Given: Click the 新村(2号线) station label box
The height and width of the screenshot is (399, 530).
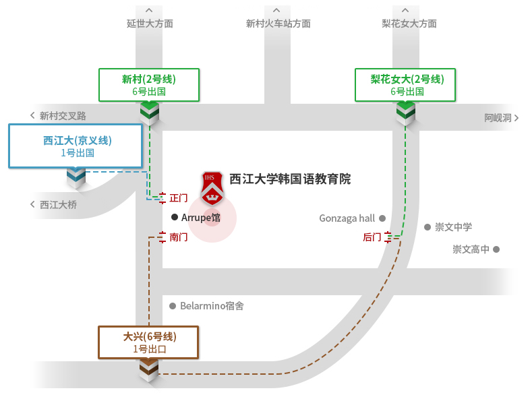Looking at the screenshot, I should tap(149, 85).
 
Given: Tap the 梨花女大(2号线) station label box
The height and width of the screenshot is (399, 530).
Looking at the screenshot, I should tap(407, 85).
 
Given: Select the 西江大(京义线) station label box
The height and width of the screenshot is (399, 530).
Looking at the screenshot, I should tap(77, 146).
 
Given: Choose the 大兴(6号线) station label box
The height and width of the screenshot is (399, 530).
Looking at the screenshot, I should tap(149, 342).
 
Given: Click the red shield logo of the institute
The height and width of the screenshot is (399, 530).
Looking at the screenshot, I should tap(212, 187).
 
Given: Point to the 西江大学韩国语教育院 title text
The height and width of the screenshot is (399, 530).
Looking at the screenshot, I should tap(290, 179).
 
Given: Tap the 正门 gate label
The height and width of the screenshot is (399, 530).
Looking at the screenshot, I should tap(179, 198).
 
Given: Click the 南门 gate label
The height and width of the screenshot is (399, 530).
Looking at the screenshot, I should tap(179, 237).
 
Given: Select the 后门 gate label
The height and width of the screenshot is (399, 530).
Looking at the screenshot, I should tap(372, 237).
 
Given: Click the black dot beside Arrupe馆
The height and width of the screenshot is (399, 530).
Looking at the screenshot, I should tap(175, 217).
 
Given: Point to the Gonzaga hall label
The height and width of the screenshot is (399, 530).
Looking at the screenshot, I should tap(347, 218).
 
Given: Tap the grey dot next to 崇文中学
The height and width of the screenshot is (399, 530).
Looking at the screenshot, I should tap(427, 227).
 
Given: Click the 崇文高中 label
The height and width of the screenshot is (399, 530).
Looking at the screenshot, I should tap(471, 249).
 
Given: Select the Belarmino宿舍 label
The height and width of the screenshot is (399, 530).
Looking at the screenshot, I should tap(212, 306).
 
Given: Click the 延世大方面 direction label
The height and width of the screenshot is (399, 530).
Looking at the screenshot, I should tap(150, 24).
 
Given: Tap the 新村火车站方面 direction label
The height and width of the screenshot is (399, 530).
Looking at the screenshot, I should tap(278, 24).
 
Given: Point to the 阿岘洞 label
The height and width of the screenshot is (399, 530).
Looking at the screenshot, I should tap(498, 117).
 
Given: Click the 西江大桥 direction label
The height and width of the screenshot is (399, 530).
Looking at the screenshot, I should tap(58, 204).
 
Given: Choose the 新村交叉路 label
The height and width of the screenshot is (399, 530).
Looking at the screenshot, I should tap(63, 116).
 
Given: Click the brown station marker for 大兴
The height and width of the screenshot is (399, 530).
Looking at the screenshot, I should tap(149, 369).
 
